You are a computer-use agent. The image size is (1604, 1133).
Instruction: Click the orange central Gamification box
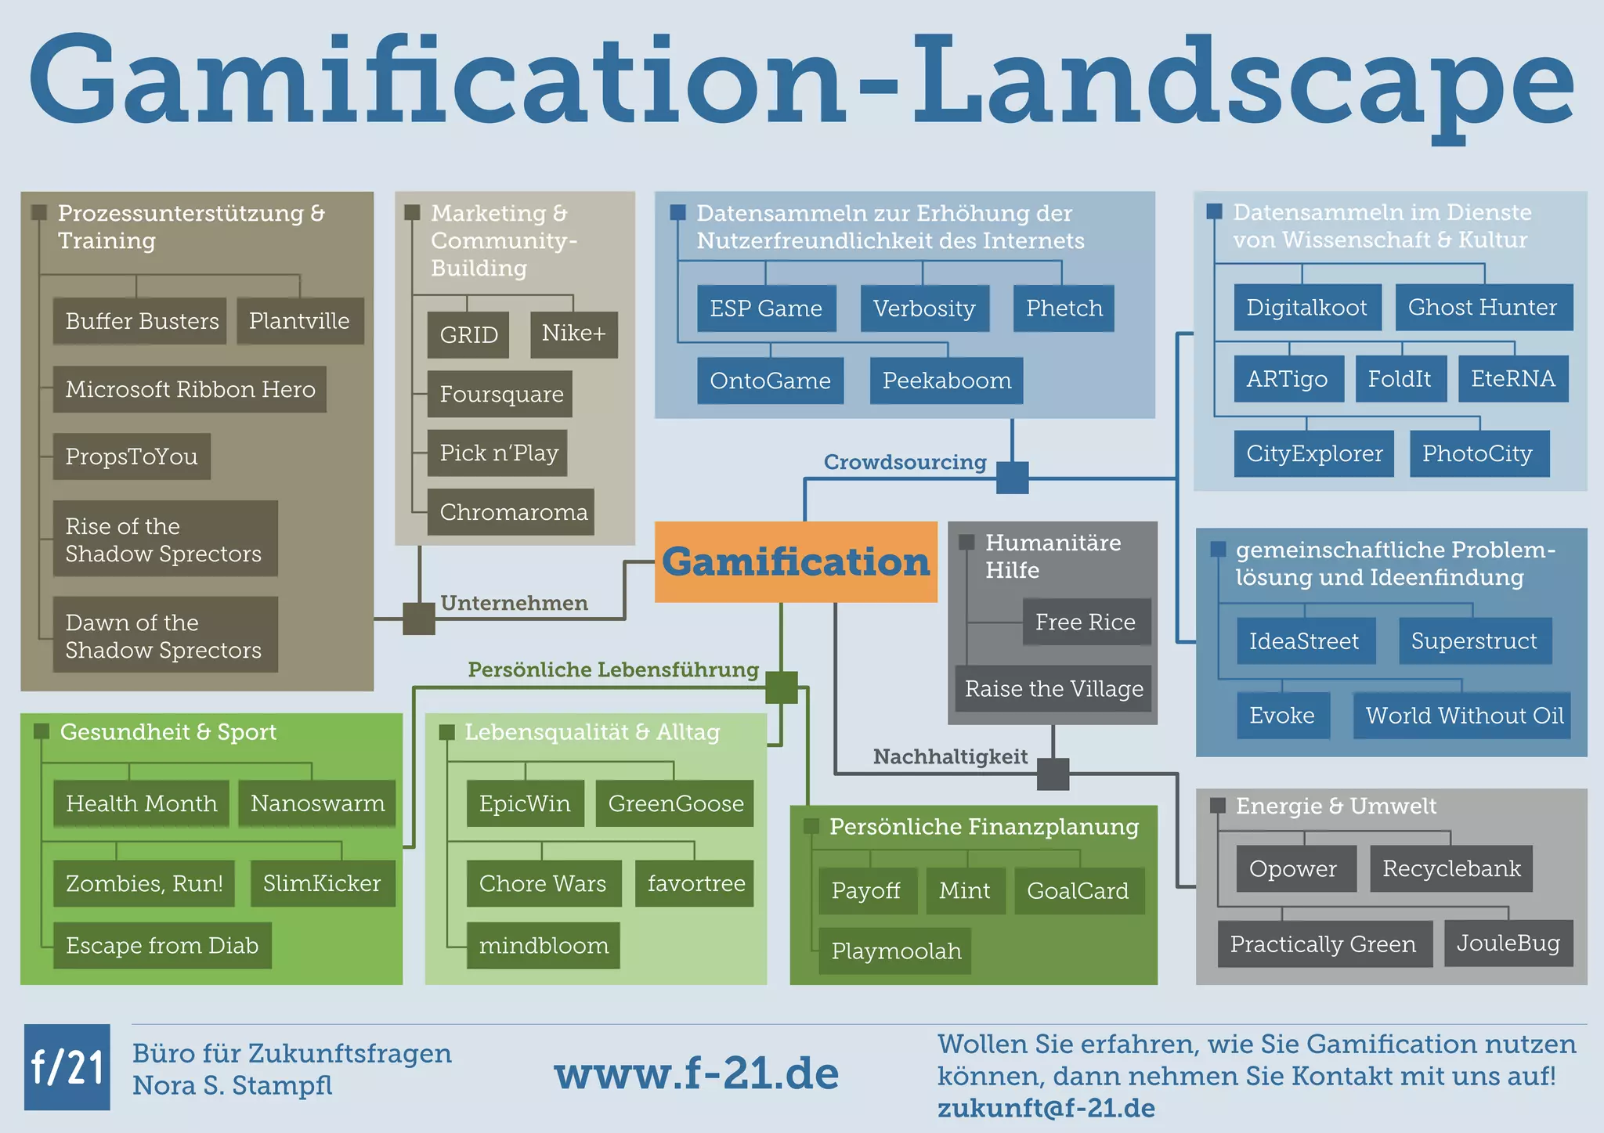click(796, 561)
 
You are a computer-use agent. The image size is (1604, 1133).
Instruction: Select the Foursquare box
click(500, 394)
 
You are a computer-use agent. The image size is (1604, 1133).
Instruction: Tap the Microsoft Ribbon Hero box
click(190, 389)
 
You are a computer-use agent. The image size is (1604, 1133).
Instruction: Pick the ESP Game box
click(766, 309)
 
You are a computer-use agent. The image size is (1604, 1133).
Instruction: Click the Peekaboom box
click(946, 381)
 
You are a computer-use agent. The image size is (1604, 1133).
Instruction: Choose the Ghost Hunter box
click(1483, 307)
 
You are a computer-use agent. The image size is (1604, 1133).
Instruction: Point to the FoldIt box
click(1400, 379)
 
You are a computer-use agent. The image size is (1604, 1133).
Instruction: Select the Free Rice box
click(1086, 622)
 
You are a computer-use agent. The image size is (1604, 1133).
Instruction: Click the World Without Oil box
click(1463, 715)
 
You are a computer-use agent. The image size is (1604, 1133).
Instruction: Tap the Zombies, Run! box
click(144, 883)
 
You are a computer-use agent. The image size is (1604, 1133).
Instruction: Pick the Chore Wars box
click(543, 883)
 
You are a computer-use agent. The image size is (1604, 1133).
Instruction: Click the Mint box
click(965, 890)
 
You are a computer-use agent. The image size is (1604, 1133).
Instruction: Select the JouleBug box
click(1508, 943)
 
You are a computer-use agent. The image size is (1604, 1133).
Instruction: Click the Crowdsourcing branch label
click(905, 462)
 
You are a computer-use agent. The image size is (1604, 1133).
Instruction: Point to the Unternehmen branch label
click(514, 603)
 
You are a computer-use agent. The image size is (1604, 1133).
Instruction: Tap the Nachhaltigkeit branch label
click(950, 756)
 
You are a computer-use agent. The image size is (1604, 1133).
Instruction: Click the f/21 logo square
click(67, 1066)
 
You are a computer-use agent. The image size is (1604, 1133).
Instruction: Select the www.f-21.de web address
click(696, 1073)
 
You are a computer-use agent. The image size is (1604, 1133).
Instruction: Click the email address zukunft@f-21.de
click(1046, 1108)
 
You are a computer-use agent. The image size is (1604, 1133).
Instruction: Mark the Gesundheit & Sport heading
click(168, 731)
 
